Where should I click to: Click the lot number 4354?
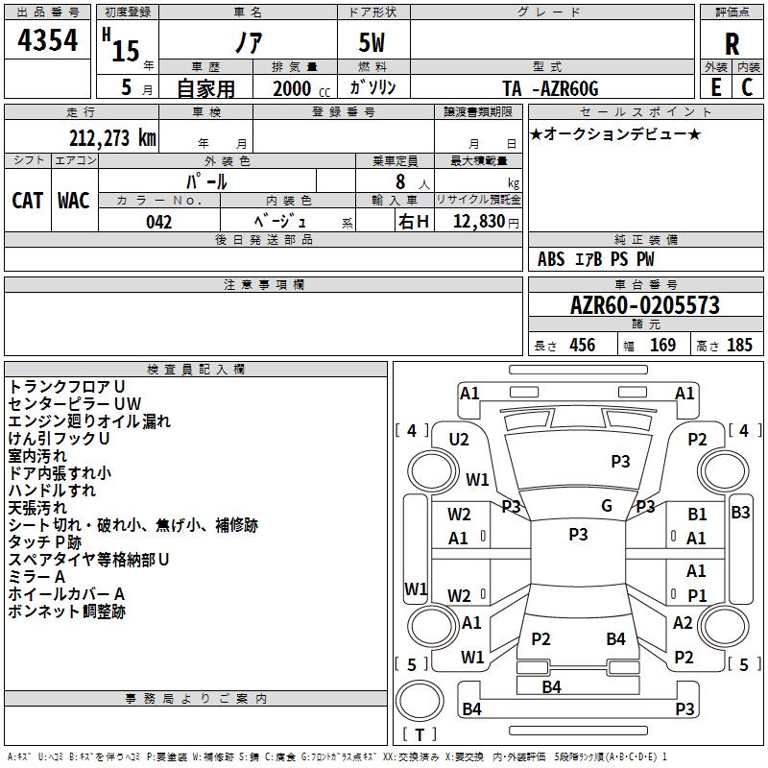47,40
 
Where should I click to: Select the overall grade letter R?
732,44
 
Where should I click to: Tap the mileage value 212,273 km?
112,138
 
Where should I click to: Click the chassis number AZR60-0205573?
645,305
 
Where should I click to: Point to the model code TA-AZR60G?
550,88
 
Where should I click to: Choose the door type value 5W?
372,42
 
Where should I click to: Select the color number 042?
158,222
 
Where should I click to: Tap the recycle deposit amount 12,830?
478,221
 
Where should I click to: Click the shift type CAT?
28,201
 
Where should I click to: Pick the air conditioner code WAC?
74,201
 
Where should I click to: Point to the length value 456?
583,345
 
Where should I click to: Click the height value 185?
739,345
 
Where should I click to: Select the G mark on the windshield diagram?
607,505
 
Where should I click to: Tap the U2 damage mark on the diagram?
459,440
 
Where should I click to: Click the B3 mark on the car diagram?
740,513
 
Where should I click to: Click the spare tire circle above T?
420,701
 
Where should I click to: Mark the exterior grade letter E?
716,87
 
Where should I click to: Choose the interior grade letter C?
747,87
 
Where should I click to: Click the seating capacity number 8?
400,181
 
